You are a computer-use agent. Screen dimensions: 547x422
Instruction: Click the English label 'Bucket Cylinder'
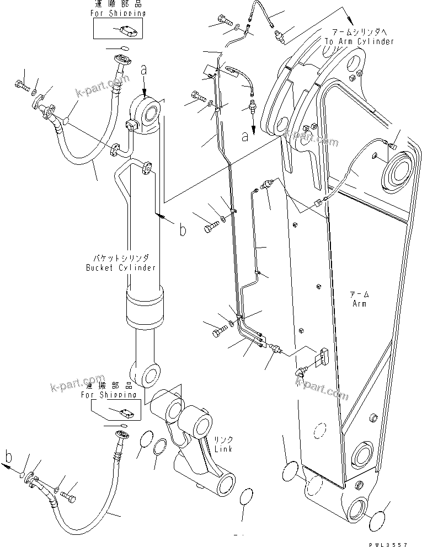click(x=121, y=267)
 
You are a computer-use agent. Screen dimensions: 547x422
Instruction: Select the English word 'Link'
click(x=223, y=449)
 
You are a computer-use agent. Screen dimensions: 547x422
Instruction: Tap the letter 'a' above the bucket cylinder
click(x=143, y=70)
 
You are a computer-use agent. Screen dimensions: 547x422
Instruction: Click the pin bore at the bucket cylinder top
click(x=152, y=115)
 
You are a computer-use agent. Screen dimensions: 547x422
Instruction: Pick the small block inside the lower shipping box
click(x=125, y=411)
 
